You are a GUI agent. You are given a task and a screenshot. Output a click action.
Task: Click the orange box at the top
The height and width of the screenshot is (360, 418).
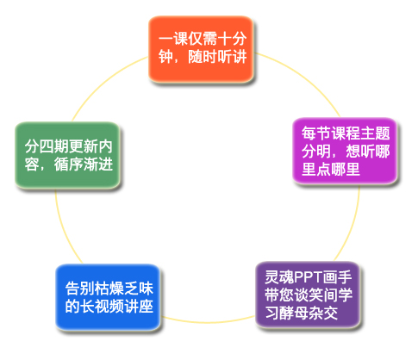[x=201, y=49]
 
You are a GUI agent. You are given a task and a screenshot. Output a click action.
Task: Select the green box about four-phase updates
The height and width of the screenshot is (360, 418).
[x=67, y=155]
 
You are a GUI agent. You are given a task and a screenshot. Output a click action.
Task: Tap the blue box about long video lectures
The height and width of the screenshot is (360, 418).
[x=108, y=297]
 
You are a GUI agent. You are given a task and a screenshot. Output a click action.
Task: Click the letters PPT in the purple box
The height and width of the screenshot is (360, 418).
[x=308, y=277]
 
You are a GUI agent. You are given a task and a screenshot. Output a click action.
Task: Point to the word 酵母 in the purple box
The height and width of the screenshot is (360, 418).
[x=294, y=313]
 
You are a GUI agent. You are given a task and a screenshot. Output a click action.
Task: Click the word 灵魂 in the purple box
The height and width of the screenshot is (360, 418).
[x=279, y=277]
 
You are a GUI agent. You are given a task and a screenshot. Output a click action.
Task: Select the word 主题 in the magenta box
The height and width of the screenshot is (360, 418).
[x=375, y=133]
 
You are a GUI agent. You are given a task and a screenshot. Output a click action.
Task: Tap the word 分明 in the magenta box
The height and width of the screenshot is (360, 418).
[x=316, y=152]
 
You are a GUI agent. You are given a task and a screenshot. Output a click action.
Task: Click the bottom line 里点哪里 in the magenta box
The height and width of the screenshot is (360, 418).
[x=331, y=169]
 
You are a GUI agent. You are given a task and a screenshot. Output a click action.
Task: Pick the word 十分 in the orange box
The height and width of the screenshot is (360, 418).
[x=232, y=39]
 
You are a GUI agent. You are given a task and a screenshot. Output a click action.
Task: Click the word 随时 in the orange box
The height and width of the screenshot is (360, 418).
[x=203, y=57]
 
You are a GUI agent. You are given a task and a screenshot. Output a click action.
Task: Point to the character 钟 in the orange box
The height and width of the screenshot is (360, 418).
[x=165, y=57]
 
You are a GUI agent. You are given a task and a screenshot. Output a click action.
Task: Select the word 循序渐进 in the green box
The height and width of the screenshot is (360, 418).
[x=84, y=164]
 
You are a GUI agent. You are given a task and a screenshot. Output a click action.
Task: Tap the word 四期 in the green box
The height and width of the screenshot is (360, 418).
[x=54, y=146]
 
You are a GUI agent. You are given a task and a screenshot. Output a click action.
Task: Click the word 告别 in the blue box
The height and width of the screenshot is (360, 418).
[x=80, y=289]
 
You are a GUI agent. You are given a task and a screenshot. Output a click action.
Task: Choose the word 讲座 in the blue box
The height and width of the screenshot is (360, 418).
[x=139, y=307]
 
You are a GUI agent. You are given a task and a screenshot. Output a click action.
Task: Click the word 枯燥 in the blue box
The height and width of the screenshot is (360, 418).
[x=109, y=289]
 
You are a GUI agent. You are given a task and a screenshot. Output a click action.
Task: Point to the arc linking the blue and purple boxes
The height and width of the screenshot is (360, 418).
[x=208, y=322]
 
